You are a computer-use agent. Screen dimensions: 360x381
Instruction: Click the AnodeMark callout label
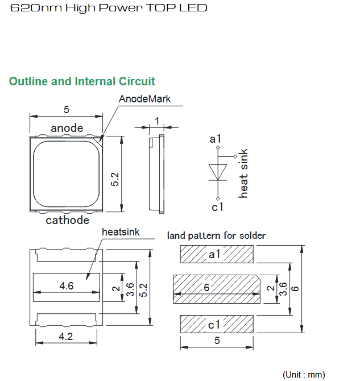point(144,99)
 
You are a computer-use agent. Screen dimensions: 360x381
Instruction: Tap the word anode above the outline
point(67,128)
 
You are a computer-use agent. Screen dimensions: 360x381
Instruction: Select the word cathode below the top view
point(67,220)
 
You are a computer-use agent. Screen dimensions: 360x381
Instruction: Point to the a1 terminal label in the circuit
point(215,139)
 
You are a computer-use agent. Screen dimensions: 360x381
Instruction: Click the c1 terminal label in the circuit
point(217,207)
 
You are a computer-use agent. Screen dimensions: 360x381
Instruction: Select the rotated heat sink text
point(243,173)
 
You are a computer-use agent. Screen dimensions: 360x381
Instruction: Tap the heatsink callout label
point(121,232)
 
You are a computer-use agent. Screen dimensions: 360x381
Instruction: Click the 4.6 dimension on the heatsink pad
point(67,285)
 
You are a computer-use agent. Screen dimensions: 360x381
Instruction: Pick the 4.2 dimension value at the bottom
point(66,337)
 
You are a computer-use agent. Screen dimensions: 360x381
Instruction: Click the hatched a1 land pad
point(217,254)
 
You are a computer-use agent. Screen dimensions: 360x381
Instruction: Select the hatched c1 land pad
point(217,324)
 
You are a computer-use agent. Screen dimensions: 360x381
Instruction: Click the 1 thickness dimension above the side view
point(157,121)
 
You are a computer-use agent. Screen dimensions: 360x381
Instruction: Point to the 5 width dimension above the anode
point(67,110)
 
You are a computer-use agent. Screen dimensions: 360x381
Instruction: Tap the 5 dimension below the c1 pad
point(217,341)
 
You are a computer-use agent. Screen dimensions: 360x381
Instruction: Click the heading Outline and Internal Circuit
point(82,81)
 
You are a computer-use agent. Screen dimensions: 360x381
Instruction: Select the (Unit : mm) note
point(304,374)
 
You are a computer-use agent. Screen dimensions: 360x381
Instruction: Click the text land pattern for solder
point(216,235)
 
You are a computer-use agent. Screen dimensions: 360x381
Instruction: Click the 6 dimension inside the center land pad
point(206,288)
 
